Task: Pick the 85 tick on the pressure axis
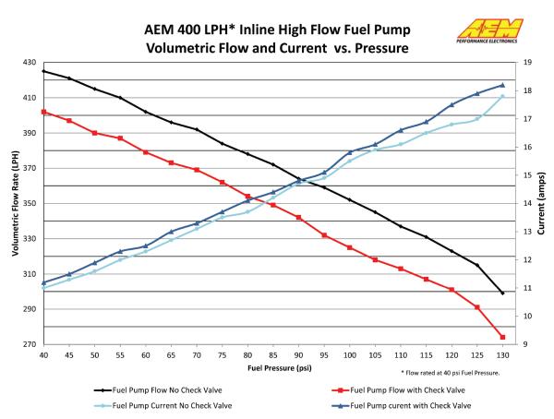[x=272, y=354]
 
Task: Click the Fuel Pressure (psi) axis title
[x=273, y=368]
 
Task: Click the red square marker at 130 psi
[x=502, y=337]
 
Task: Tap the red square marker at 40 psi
[x=43, y=112]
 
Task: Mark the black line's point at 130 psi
[x=502, y=293]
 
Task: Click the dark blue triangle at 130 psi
[x=502, y=85]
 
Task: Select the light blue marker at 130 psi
[x=502, y=97]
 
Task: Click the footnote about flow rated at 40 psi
[x=451, y=372]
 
